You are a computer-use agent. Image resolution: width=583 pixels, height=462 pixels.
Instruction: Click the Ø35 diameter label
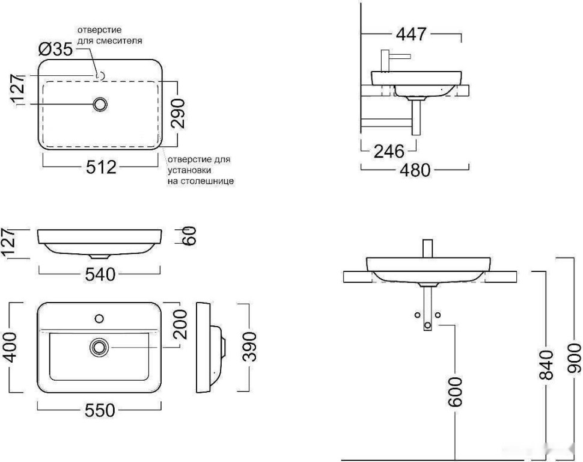coord(56,49)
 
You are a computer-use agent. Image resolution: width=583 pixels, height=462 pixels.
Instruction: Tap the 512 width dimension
coord(101,167)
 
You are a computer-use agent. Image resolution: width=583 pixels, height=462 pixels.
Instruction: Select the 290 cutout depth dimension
coord(179,113)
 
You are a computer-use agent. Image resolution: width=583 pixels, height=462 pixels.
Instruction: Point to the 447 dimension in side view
coord(411,34)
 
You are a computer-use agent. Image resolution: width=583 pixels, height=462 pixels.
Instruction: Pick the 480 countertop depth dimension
coord(415,170)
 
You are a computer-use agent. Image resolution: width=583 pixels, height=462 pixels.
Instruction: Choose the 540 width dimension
coord(100,275)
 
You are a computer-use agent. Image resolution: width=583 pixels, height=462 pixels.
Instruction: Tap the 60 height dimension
coord(189,236)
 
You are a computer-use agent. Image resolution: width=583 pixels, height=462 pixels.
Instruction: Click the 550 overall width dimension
coord(100,411)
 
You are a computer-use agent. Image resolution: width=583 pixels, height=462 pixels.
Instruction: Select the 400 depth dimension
coord(11,347)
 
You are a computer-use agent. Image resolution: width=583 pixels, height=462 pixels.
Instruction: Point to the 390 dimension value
coord(250,346)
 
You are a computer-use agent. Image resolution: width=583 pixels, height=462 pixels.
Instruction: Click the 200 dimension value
coord(181,324)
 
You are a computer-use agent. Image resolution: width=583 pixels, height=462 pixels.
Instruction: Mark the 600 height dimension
coord(455,392)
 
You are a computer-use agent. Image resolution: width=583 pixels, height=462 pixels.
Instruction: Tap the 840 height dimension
coord(546,365)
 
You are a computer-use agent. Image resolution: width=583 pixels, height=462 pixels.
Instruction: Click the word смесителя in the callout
coord(119,40)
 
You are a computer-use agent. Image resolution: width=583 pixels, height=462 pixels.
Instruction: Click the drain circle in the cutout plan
coord(100,105)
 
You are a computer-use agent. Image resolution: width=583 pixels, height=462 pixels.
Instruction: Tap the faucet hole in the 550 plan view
coord(99,319)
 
